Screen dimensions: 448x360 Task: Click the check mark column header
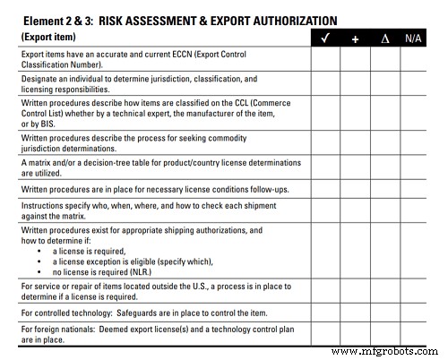pyautogui.click(x=325, y=38)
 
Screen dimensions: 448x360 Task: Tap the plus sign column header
pyautogui.click(x=355, y=39)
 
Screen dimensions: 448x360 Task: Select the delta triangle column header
pyautogui.click(x=384, y=39)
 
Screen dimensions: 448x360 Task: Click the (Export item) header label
pyautogui.click(x=47, y=37)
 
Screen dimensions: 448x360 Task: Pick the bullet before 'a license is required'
pyautogui.click(x=40, y=252)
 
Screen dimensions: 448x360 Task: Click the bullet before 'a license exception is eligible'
pyautogui.click(x=40, y=261)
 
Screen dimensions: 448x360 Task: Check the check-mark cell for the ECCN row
pyautogui.click(x=325, y=59)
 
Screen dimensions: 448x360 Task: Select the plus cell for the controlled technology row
pyautogui.click(x=355, y=314)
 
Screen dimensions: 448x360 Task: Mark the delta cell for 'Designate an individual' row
pyautogui.click(x=384, y=84)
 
